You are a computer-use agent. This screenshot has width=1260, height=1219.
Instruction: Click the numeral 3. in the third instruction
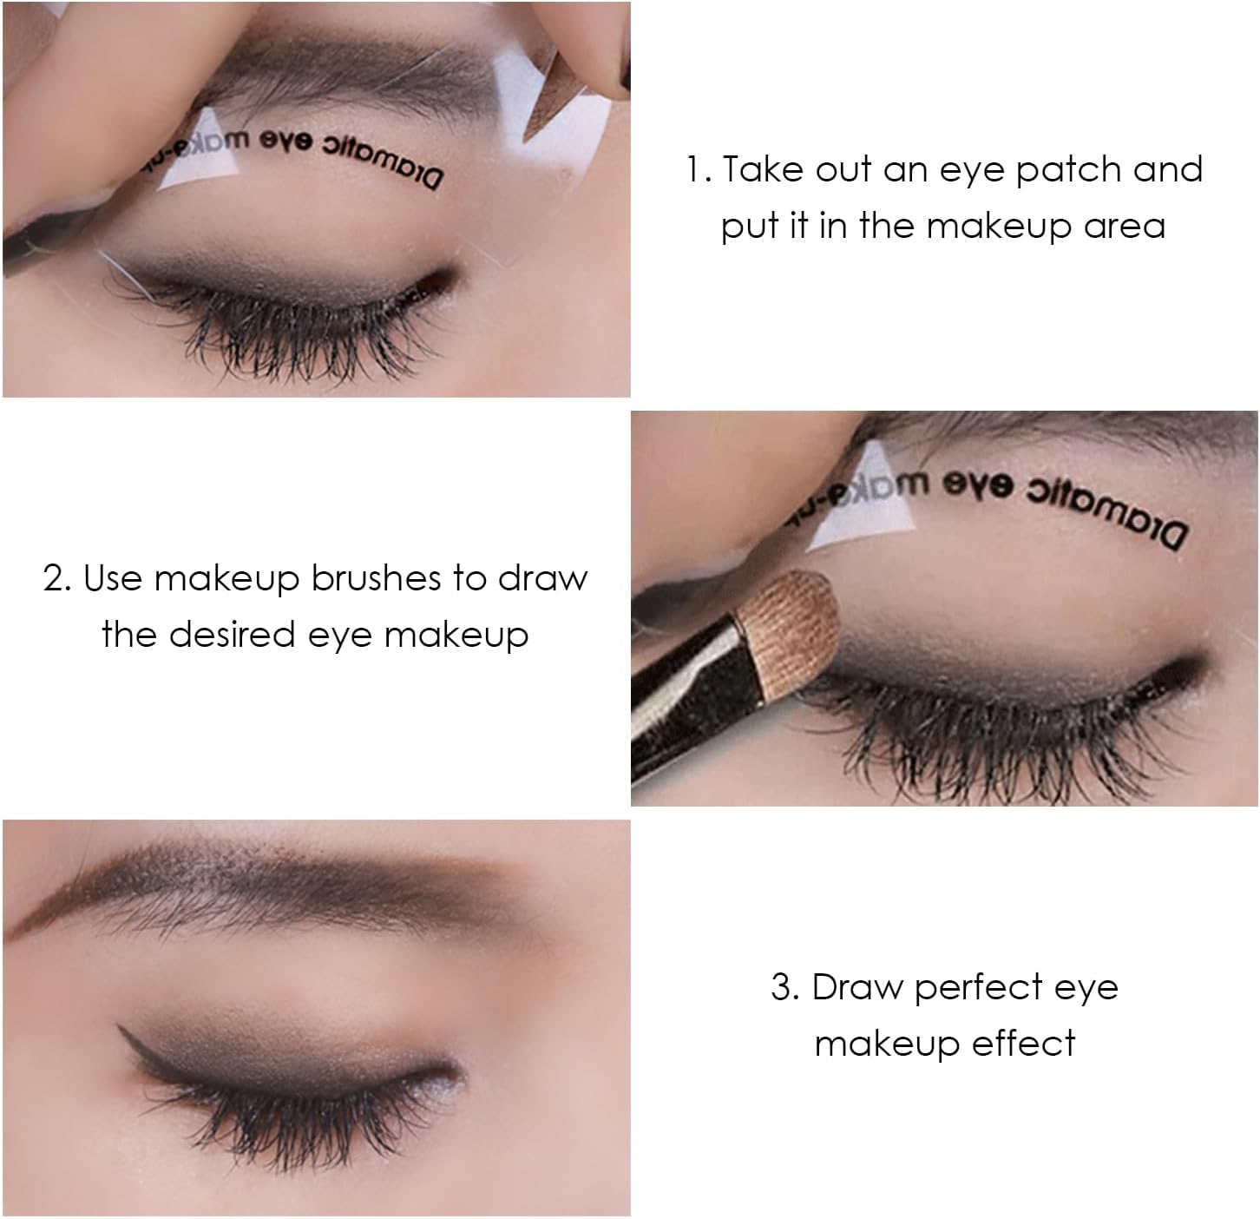pyautogui.click(x=784, y=987)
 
